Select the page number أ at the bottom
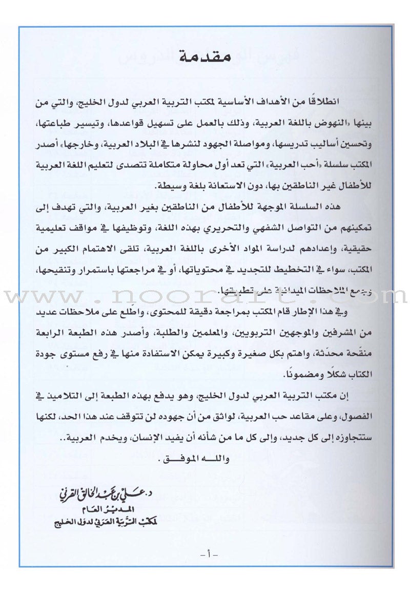tap(205, 554)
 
